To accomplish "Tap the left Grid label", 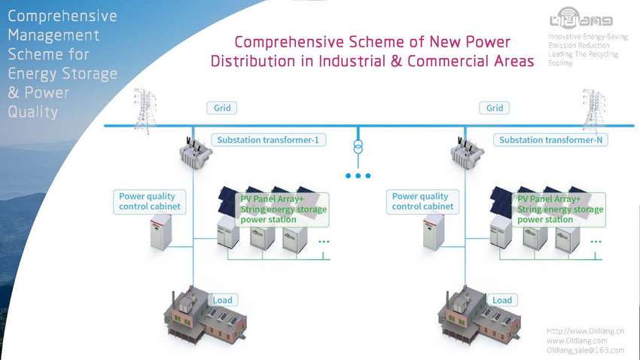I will pyautogui.click(x=222, y=108).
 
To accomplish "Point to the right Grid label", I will pyautogui.click(x=495, y=108).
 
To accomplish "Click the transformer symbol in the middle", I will pyautogui.click(x=358, y=145).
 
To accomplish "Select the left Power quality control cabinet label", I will pyautogui.click(x=150, y=201).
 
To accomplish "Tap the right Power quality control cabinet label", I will pyautogui.click(x=422, y=201).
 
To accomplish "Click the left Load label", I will pyautogui.click(x=223, y=300).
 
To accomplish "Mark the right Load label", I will pyautogui.click(x=502, y=300).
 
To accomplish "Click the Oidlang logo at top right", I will pyautogui.click(x=581, y=18).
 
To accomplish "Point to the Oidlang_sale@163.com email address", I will pyautogui.click(x=585, y=350).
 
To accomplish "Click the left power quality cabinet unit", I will pyautogui.click(x=162, y=230).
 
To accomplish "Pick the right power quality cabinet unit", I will pyautogui.click(x=435, y=230).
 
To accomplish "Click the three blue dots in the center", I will pyautogui.click(x=358, y=176).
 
